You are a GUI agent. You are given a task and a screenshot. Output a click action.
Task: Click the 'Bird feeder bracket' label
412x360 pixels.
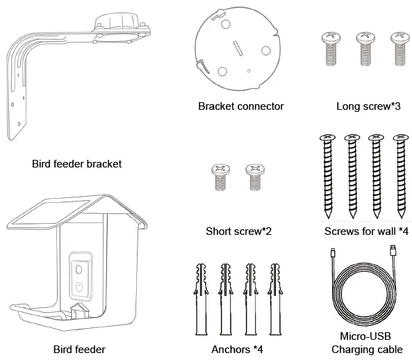click(76, 164)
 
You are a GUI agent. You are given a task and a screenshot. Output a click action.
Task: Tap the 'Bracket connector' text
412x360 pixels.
click(240, 106)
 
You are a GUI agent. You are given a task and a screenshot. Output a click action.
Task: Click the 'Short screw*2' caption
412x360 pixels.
click(238, 231)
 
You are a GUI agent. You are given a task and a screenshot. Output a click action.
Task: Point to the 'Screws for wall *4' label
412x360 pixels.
click(367, 231)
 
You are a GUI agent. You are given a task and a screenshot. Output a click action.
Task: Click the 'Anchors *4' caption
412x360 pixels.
click(237, 350)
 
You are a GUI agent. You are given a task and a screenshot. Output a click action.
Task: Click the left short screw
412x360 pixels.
click(220, 179)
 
